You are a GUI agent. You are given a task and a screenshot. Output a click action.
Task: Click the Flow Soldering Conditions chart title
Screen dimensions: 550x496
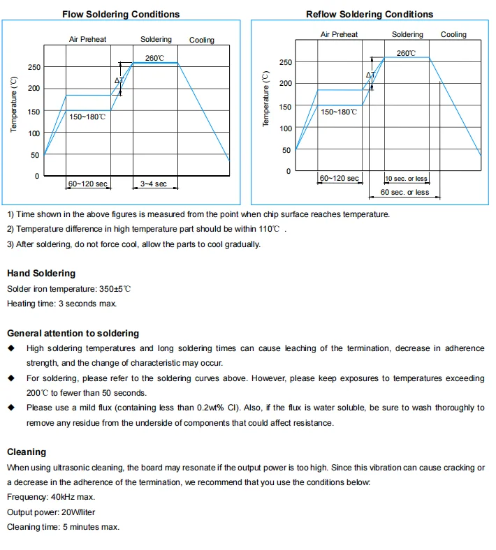tap(121, 14)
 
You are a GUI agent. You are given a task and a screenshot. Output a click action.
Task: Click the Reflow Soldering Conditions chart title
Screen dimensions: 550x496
tap(370, 14)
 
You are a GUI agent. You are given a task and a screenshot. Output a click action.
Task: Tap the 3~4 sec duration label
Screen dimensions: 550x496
tap(154, 184)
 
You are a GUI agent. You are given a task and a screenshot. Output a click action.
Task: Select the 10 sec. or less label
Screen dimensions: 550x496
tap(406, 179)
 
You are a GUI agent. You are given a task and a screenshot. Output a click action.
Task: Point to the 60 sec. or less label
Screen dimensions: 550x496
tap(405, 192)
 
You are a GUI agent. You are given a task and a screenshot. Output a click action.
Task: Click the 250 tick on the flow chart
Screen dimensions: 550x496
tap(34, 67)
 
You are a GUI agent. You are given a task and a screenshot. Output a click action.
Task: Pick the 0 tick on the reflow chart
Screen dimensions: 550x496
tap(287, 172)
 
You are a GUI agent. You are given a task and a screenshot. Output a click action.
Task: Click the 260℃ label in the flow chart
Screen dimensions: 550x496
tap(155, 58)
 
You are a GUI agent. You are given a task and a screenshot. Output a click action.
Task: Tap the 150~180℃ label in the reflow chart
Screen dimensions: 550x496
tap(339, 112)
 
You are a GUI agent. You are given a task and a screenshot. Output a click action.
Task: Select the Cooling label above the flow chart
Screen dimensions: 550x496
tap(202, 40)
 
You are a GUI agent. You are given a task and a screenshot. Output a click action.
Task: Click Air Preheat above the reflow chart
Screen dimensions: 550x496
tap(339, 34)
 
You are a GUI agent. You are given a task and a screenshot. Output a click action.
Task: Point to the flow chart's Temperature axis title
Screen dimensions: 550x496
tap(14, 105)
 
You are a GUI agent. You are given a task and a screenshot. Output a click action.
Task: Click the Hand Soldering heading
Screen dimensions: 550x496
tap(41, 274)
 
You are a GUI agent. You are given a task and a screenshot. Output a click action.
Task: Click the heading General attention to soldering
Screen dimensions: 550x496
tap(73, 334)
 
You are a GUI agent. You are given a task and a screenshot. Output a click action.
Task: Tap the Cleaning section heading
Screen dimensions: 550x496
tap(27, 452)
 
